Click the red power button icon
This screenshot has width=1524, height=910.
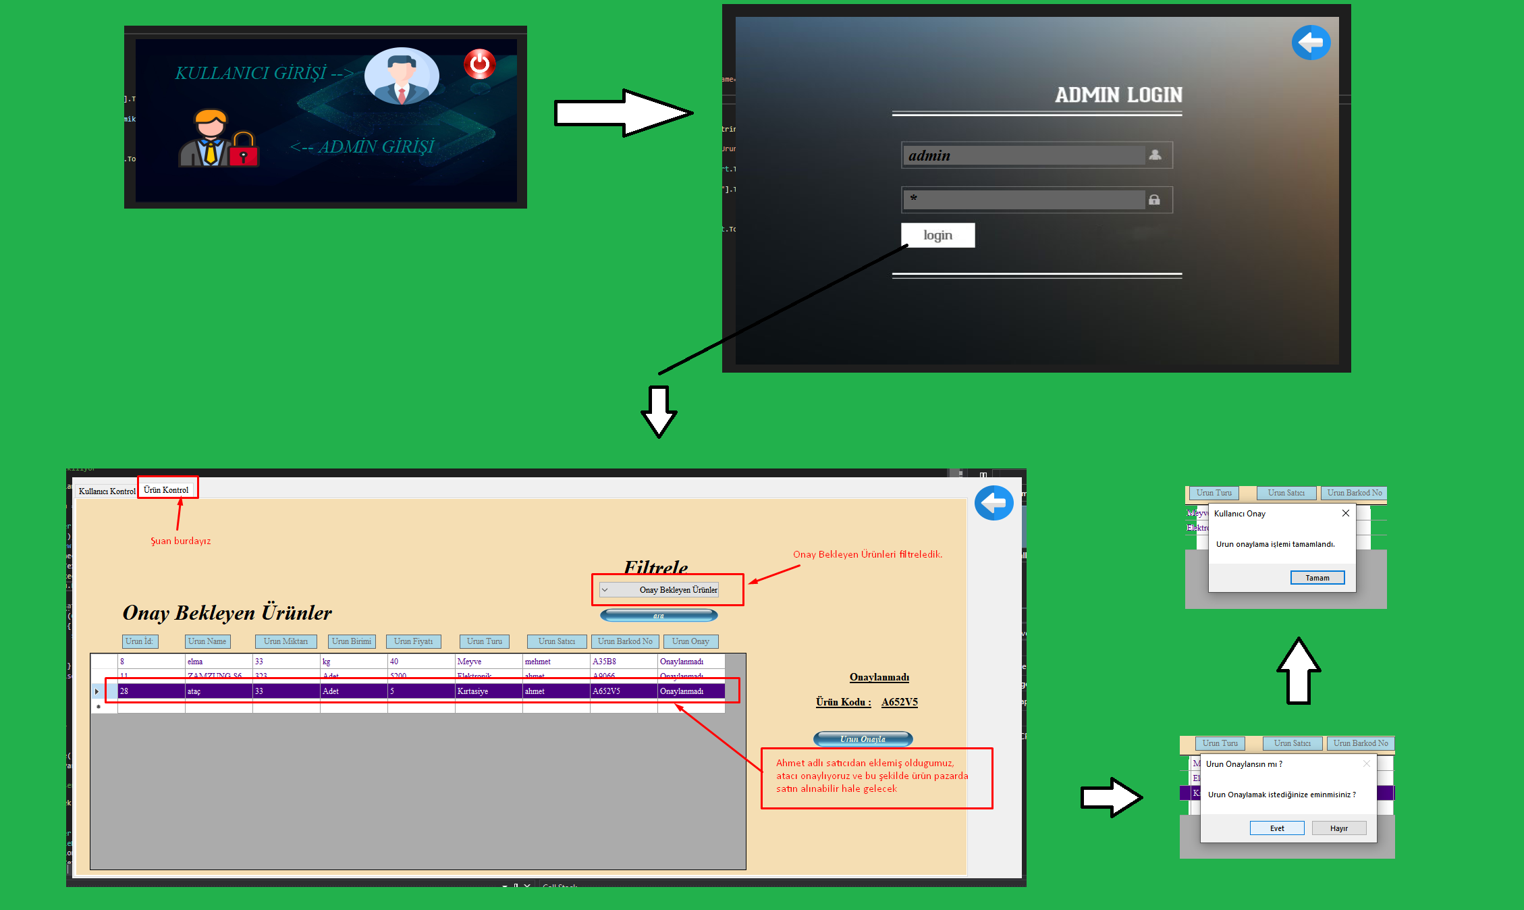coord(479,64)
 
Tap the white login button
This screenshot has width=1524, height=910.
coord(937,235)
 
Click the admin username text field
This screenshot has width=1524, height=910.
coord(1023,155)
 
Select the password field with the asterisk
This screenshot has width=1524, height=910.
coord(1023,200)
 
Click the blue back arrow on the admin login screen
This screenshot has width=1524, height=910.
coord(1311,43)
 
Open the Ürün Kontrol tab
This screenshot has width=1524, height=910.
coord(166,490)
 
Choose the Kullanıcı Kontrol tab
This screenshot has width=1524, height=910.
coord(107,491)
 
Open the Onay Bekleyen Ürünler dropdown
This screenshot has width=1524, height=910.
coord(659,590)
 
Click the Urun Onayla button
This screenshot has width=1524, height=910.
coord(863,739)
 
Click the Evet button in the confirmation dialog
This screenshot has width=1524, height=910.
coord(1276,828)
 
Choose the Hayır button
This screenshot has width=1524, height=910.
coord(1338,828)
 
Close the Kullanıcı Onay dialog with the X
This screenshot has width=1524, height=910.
coord(1346,513)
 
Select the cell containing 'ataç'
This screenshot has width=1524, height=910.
coord(218,691)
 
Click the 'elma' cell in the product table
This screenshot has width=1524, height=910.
coord(218,662)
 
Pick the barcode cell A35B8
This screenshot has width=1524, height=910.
coord(623,662)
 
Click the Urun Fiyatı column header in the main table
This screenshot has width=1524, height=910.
coord(413,641)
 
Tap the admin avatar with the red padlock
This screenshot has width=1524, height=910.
coord(217,139)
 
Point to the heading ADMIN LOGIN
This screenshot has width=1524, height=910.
coord(1118,95)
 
